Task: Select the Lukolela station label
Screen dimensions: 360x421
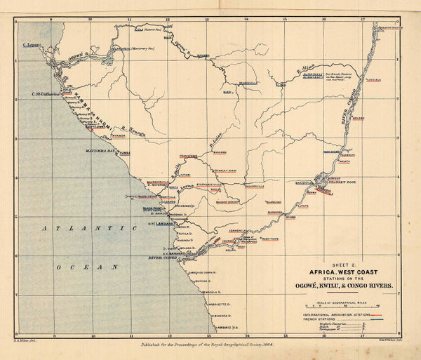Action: coord(390,80)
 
